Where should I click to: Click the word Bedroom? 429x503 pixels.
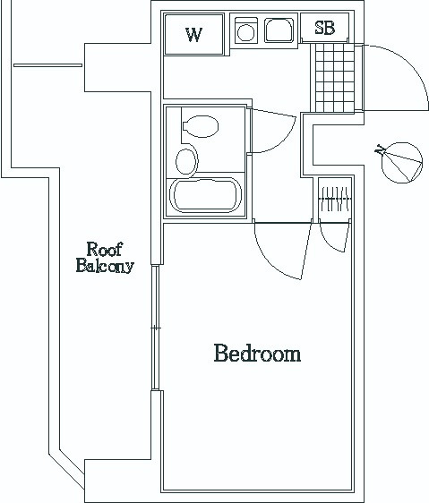click(257, 353)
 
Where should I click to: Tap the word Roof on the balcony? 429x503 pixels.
click(105, 249)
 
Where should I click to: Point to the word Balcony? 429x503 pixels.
click(105, 266)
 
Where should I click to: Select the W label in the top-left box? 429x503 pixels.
click(194, 35)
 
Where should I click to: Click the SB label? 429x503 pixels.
click(325, 28)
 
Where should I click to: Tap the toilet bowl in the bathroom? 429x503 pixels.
click(201, 126)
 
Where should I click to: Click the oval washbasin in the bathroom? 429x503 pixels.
click(186, 161)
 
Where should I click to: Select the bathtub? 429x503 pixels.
click(205, 195)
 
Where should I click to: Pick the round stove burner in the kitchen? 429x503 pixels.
click(246, 32)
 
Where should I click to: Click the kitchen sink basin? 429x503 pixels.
click(279, 30)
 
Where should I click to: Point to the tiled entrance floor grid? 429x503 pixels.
click(335, 78)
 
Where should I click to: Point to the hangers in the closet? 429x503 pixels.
click(335, 200)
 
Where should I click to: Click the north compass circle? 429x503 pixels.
click(402, 163)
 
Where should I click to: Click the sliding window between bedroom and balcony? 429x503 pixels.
click(156, 328)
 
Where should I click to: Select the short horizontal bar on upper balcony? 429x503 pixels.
click(47, 65)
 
